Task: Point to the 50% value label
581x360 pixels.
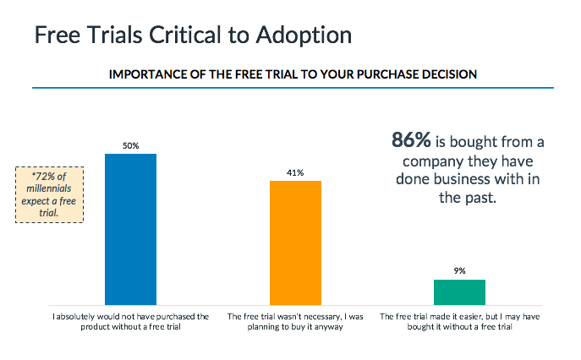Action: pos(130,145)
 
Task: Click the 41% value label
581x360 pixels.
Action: pos(295,172)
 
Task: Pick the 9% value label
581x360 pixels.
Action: pos(459,271)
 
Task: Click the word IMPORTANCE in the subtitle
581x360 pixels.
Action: pos(145,74)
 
